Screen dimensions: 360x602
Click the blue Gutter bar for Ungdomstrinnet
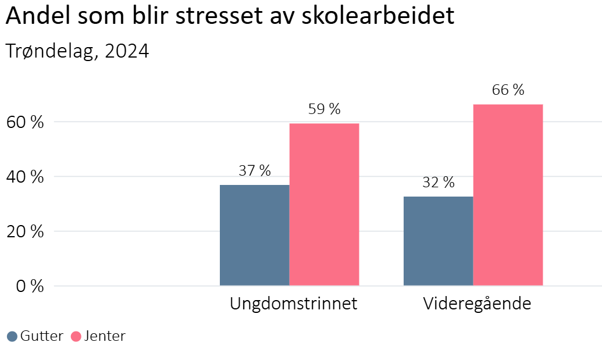click(254, 235)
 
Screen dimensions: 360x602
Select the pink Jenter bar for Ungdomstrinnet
click(324, 204)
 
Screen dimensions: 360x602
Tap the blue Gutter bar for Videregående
click(438, 241)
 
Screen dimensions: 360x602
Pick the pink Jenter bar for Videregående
click(508, 195)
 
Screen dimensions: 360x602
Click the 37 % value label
click(255, 170)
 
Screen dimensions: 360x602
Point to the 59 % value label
click(324, 109)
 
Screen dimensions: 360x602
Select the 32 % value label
click(438, 182)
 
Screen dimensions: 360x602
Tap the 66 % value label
click(508, 90)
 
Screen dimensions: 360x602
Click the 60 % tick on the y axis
click(24, 122)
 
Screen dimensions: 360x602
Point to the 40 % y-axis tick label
click(24, 177)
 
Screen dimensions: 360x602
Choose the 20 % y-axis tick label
click(24, 231)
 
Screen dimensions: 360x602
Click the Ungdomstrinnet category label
click(293, 304)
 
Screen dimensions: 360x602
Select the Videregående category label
click(477, 304)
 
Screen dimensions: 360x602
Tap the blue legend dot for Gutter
click(12, 336)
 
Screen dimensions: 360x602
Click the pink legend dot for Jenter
click(76, 336)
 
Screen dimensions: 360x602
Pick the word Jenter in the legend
click(104, 336)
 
